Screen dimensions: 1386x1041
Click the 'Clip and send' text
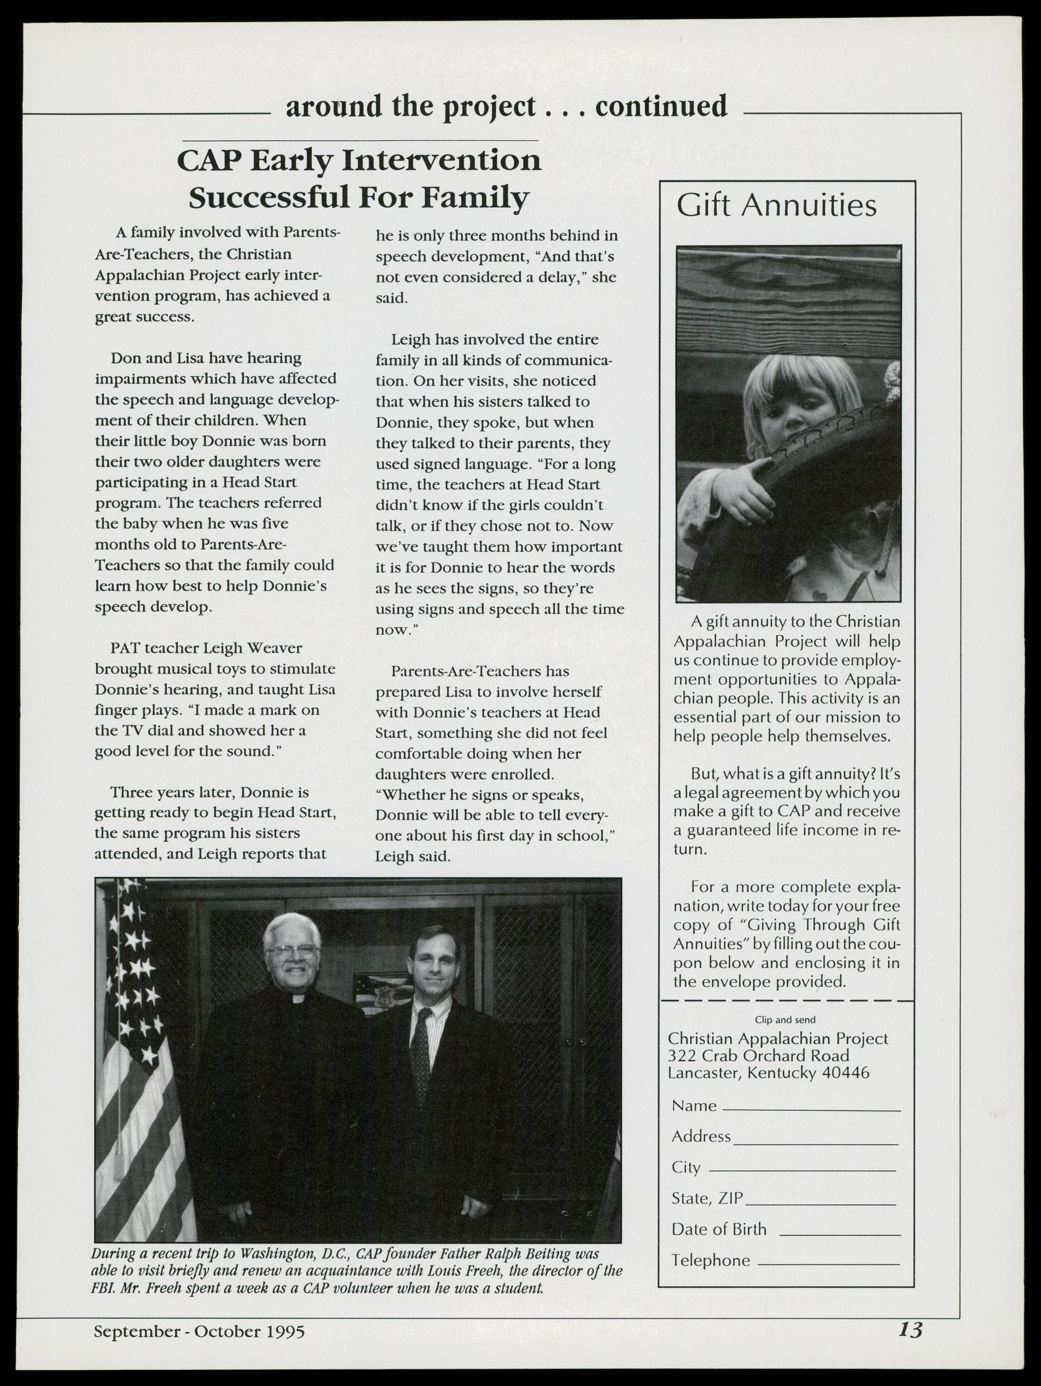coord(785,1019)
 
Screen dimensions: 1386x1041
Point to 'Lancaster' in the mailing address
coord(703,1073)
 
